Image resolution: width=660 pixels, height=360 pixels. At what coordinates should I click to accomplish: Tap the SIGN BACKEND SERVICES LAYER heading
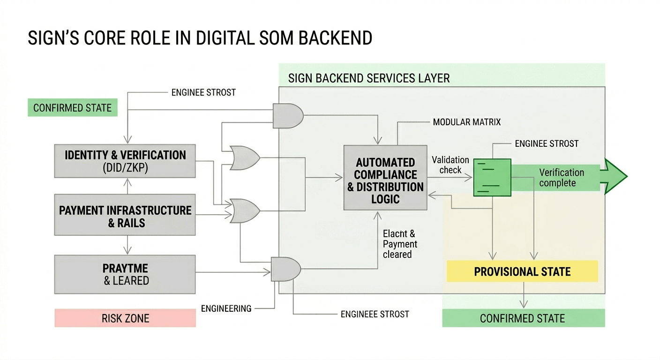[368, 78]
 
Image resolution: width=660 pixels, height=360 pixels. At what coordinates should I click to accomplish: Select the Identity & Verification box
[125, 161]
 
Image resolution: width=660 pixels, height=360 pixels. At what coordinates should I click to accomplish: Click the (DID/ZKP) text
[125, 168]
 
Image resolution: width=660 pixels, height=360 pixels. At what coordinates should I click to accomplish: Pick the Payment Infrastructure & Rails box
[125, 216]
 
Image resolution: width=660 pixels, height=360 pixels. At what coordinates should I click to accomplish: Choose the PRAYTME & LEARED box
[125, 274]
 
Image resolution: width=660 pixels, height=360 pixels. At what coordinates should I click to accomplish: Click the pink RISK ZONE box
[125, 318]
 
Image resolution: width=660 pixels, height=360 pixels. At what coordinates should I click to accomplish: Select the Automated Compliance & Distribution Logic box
[385, 180]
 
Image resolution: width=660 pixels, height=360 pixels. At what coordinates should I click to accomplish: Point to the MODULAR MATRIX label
[466, 122]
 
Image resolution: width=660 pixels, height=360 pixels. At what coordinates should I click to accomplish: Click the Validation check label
[450, 165]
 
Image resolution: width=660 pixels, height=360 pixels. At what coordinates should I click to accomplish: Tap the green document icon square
[492, 177]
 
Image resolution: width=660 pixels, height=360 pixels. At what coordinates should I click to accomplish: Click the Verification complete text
[561, 178]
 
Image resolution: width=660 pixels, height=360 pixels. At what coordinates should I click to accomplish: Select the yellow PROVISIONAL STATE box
[522, 271]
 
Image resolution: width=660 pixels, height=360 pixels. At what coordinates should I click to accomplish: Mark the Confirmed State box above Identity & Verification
[72, 108]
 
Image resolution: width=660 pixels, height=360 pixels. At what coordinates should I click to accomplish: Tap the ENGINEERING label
[226, 308]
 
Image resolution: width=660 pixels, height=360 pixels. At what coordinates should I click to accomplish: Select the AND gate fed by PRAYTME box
[285, 269]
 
